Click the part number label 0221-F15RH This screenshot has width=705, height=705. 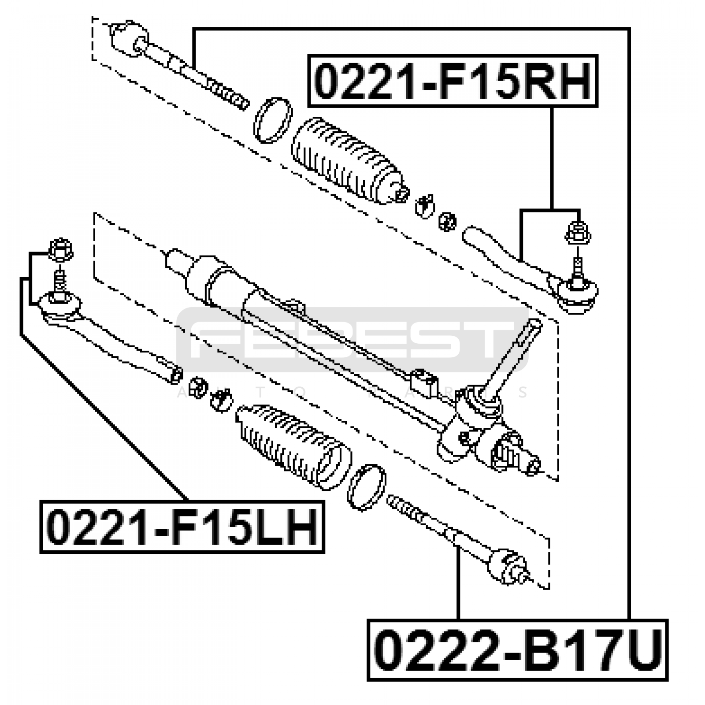pos(453,81)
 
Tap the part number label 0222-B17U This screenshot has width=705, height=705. pos(517,650)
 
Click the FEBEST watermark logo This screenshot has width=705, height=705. pos(352,340)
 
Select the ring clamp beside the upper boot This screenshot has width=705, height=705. pos(273,120)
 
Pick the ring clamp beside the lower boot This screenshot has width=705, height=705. pos(366,487)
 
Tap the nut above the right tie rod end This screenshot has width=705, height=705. pos(578,233)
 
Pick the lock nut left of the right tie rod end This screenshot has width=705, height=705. pos(448,221)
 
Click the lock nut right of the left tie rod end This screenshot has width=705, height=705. pos(198,386)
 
